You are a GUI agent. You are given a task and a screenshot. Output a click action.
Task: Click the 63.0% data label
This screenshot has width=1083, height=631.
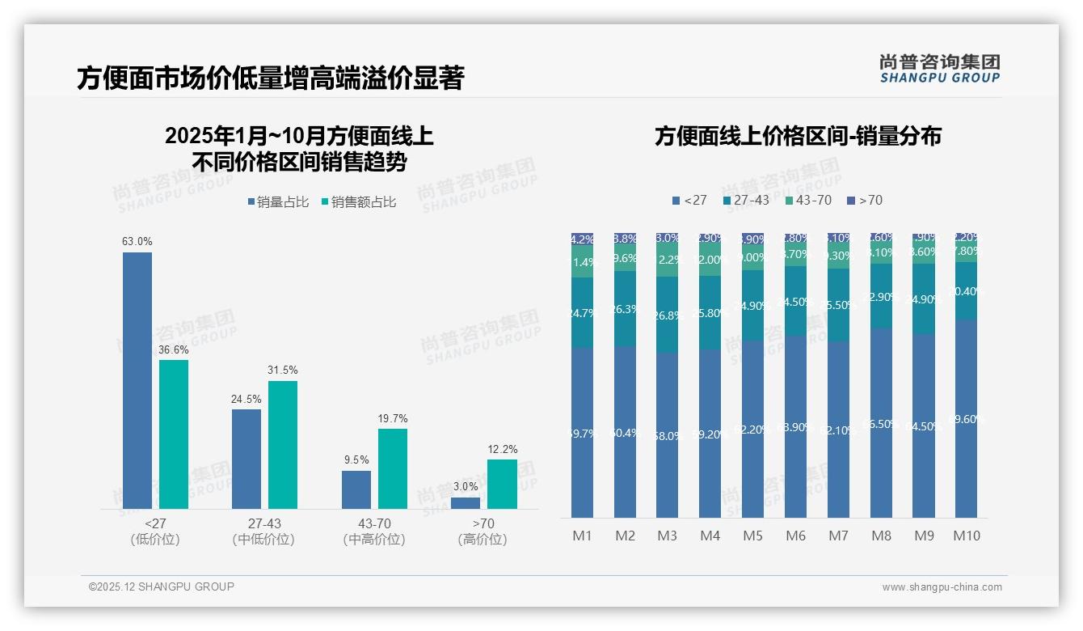point(137,241)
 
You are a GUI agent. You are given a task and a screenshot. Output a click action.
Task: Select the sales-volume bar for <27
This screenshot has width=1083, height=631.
point(137,380)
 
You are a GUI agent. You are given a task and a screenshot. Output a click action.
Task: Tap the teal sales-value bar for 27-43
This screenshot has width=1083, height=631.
point(283,444)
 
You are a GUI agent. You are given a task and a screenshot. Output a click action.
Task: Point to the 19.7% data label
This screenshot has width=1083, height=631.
point(393,418)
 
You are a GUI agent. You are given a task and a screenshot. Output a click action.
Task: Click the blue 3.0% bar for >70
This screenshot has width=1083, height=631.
point(466,503)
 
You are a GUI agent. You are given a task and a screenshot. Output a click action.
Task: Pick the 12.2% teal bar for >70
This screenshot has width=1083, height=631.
point(502,484)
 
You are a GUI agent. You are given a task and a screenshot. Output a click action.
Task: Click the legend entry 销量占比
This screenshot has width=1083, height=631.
point(279,202)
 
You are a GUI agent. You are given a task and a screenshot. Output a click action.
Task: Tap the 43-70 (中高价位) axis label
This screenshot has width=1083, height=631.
point(373,531)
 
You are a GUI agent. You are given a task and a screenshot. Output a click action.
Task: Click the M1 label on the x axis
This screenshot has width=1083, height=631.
point(583,536)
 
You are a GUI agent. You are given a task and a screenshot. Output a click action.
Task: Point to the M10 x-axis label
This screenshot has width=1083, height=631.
point(966,536)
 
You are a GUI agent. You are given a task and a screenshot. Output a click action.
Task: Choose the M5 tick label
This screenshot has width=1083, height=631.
point(752,536)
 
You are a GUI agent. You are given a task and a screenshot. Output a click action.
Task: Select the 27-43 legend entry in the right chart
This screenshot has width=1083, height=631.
point(746,200)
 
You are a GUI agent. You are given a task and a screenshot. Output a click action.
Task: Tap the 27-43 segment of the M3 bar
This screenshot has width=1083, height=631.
point(667,315)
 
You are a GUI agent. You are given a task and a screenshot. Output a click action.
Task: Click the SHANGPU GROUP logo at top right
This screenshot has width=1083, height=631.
point(939,68)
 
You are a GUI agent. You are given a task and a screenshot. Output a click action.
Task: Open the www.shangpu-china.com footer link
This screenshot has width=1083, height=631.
point(942,587)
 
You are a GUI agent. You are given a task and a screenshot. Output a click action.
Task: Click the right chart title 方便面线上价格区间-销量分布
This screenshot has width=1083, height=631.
point(798,136)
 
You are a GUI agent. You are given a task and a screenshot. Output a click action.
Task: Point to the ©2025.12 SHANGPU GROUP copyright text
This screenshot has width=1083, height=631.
point(162,587)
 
